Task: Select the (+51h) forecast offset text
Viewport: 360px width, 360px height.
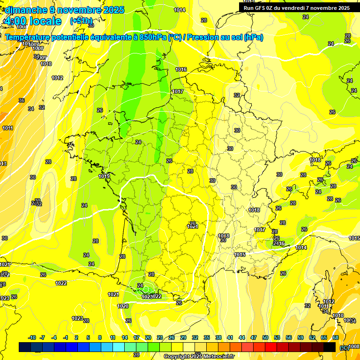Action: [81, 21]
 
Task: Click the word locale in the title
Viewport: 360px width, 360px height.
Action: [45, 21]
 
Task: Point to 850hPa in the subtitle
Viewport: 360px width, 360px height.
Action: [153, 37]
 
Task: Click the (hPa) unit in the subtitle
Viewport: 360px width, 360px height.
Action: [253, 37]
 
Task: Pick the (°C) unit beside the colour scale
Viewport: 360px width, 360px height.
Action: [344, 347]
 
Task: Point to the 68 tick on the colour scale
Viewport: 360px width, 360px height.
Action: [336, 337]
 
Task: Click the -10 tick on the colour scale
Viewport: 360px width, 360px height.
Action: [32, 337]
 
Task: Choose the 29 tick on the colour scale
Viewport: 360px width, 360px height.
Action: [183, 337]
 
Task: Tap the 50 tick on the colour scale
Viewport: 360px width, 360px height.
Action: [265, 337]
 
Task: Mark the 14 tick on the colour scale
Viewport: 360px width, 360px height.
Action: [125, 337]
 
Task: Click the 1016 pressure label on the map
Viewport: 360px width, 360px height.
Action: [181, 70]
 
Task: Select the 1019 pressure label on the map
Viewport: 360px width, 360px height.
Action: [104, 177]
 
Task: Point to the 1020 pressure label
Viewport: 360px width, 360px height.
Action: [123, 306]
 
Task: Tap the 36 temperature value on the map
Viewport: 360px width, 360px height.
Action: [22, 100]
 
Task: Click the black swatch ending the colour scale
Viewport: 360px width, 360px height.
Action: [330, 347]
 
